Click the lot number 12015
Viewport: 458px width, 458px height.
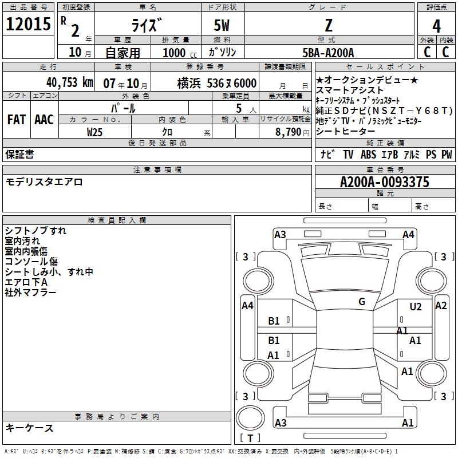click(27, 24)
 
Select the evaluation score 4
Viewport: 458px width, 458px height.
click(436, 26)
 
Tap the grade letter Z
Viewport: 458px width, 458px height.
click(328, 26)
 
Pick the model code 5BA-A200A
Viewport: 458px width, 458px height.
click(328, 53)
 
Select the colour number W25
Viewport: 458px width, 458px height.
click(95, 132)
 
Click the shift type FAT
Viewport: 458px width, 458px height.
click(16, 119)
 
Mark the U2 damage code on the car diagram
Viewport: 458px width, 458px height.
click(416, 307)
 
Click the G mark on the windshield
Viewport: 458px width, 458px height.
click(362, 302)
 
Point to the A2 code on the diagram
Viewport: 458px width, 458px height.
click(441, 305)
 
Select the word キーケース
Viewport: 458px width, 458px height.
click(30, 428)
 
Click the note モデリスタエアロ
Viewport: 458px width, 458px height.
click(45, 182)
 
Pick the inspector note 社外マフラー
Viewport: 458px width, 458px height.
click(30, 293)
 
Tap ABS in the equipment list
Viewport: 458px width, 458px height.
click(369, 155)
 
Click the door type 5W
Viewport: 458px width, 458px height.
click(222, 26)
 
